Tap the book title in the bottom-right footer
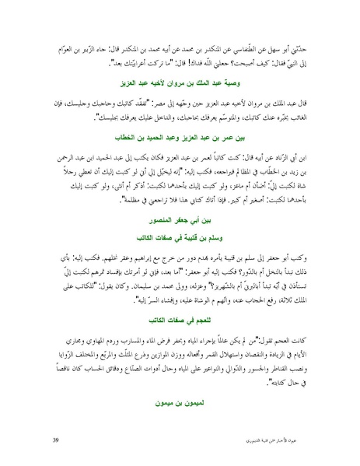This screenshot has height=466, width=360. [285, 442]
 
